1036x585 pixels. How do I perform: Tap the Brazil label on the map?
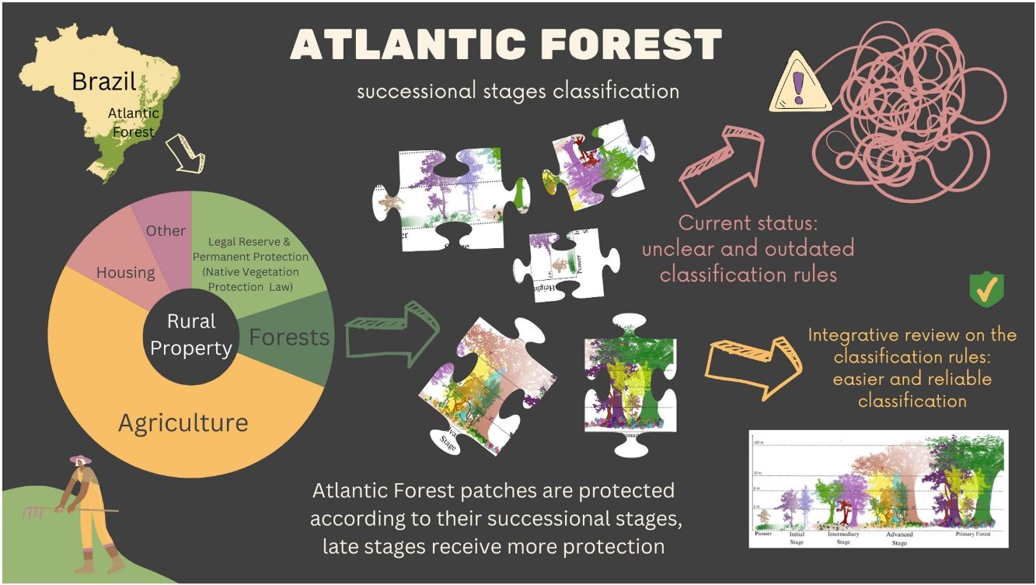click(x=104, y=80)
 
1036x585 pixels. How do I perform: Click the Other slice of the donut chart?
click(x=166, y=230)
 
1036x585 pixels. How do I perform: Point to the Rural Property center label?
click(x=191, y=335)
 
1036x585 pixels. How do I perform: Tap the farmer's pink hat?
click(x=80, y=460)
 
